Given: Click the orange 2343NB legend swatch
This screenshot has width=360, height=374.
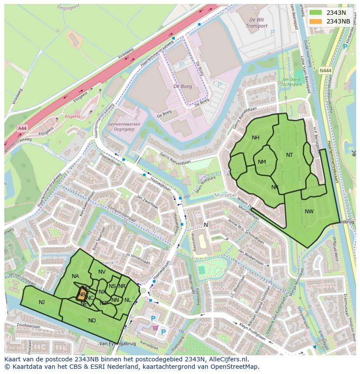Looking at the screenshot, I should coord(316,21).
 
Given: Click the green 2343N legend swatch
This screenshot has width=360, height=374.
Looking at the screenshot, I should coord(316,13).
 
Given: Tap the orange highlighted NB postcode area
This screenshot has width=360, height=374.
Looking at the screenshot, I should coord(81,294).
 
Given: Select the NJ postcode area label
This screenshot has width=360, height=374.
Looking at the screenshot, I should coord(42,302).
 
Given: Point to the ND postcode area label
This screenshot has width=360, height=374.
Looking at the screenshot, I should coord(92,321).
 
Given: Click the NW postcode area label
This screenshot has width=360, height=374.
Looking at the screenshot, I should coord(309,212).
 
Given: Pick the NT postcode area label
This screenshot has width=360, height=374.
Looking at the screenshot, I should coord(290,155).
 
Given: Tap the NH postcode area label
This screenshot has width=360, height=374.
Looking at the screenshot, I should coord(255,138).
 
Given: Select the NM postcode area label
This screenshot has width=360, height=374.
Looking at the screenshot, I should coord(262,162).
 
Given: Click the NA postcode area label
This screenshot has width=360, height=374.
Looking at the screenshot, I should coord(75,276).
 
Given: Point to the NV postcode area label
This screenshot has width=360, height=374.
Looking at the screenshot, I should coord(102,272).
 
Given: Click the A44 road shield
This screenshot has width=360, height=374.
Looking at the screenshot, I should coord(22,128).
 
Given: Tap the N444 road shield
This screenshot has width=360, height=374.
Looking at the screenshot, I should coord(324,70).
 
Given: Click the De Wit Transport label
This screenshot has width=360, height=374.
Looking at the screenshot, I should coord(257,23).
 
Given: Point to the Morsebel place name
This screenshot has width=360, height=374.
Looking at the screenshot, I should coord(225,195).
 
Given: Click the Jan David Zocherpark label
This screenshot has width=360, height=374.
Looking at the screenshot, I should coord(292,82).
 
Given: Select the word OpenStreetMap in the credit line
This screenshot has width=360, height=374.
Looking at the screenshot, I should coord(235,367).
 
